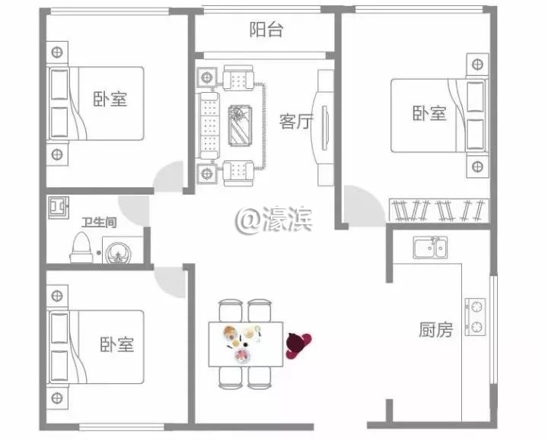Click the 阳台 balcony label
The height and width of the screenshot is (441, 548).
[x=266, y=30]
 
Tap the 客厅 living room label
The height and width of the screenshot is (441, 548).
[x=296, y=122]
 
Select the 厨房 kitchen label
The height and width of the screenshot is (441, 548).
[x=435, y=329]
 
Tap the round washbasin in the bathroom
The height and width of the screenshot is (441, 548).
[x=118, y=250]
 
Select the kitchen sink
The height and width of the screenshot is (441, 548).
[x=430, y=247]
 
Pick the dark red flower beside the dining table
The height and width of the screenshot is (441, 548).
[x=297, y=344]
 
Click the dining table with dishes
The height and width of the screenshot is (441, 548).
[x=246, y=344]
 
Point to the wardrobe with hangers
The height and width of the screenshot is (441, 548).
[x=438, y=208]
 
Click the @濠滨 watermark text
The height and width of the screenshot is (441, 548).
[x=274, y=220]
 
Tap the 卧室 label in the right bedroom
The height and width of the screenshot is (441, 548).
[x=429, y=114]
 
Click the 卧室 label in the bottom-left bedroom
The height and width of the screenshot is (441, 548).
[x=116, y=344]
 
